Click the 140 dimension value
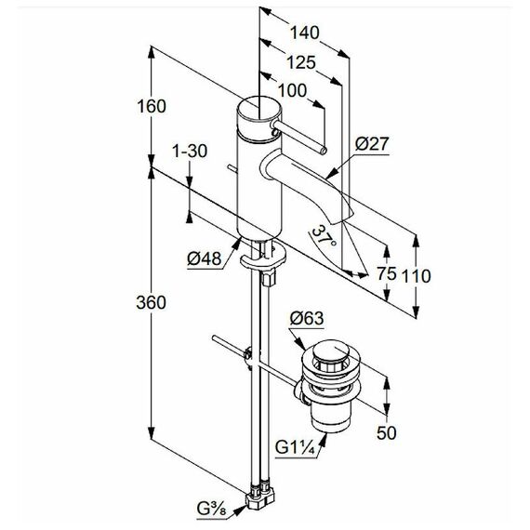point(305,33)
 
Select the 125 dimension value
point(301,62)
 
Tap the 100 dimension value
point(292,90)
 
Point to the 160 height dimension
point(152,107)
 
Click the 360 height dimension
point(151,302)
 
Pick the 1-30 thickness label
point(190,151)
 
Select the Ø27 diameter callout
point(372,144)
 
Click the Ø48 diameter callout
point(205,258)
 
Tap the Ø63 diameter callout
point(307,318)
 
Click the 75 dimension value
point(387,273)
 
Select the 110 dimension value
point(416,276)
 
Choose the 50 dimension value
point(387,433)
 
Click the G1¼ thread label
point(295,448)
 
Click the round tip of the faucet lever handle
point(324,151)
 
